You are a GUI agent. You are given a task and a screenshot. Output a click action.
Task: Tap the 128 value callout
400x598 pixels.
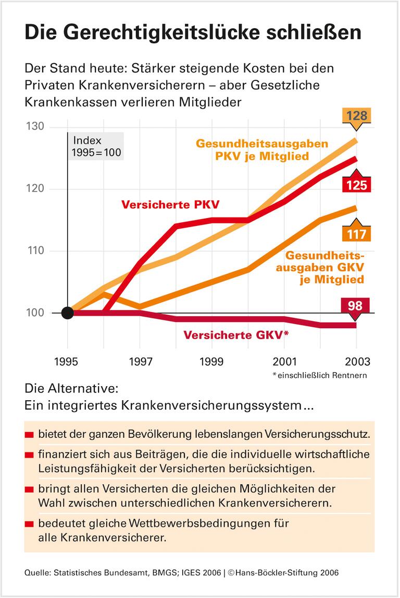pos(357,114)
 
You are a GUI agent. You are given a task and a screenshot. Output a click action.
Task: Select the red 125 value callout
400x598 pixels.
pos(357,185)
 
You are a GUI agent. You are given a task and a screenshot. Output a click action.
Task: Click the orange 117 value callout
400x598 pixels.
pos(357,233)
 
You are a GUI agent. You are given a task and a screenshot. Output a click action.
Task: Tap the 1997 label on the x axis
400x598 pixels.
pos(140,362)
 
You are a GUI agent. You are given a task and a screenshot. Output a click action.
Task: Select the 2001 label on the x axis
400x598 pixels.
pos(284,362)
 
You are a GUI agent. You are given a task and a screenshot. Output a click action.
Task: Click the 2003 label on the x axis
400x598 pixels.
pos(356,362)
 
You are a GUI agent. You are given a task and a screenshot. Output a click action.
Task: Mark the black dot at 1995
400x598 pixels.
pos(68,313)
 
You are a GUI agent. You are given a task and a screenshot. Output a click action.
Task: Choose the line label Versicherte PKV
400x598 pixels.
pos(170,205)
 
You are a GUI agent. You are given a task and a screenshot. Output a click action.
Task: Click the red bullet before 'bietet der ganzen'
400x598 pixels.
pos(29,435)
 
